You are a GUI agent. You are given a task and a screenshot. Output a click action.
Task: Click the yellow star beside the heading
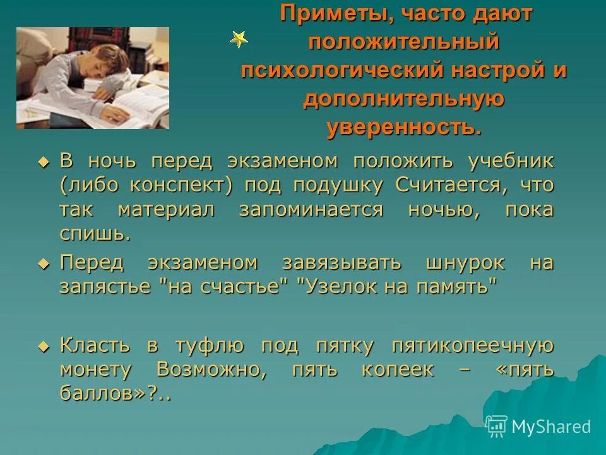point(239,40)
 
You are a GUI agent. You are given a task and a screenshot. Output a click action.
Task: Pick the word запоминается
point(311,210)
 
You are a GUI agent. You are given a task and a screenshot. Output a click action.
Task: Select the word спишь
point(95,234)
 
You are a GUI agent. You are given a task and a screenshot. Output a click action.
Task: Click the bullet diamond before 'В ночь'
point(43,162)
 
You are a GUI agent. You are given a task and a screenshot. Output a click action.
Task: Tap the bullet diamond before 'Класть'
point(43,346)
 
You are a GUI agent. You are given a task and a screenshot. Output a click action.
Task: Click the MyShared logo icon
point(497,427)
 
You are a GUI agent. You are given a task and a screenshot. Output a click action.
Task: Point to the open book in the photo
point(136,104)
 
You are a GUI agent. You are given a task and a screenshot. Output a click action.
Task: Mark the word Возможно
point(211,370)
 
